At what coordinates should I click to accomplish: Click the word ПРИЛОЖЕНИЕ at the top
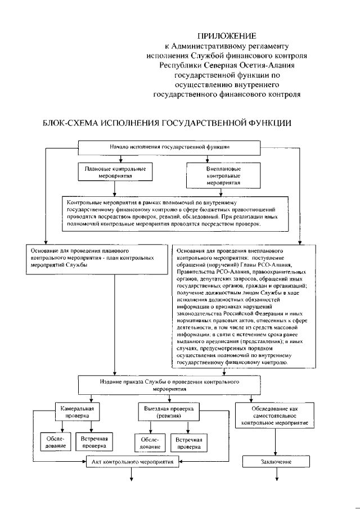(226, 35)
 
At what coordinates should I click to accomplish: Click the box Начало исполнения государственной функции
(169, 147)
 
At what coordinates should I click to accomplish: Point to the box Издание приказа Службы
(169, 385)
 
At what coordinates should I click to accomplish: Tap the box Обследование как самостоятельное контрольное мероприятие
(274, 415)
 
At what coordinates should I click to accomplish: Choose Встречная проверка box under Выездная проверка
(188, 442)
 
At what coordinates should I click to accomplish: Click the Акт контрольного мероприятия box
(133, 461)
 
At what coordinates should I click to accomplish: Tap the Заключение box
(276, 462)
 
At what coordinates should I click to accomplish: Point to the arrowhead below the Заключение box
(276, 479)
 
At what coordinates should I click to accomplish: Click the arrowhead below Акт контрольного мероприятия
(133, 479)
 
